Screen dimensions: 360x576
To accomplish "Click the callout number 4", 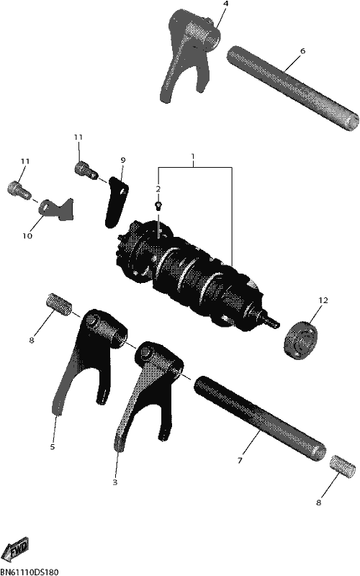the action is [225, 4].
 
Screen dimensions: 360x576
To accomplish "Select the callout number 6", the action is [302, 50].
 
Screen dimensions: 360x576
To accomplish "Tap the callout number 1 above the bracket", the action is [193, 157].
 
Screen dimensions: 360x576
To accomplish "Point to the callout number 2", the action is [158, 189].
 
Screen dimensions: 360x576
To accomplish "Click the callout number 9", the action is [123, 160].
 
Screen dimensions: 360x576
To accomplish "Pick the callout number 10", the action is [27, 236].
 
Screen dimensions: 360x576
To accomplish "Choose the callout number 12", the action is [323, 300].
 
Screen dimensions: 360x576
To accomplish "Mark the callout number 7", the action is [240, 460].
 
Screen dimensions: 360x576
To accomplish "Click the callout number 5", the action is [53, 446].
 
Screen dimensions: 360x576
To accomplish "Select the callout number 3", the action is [115, 482].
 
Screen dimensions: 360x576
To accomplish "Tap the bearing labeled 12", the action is [301, 340].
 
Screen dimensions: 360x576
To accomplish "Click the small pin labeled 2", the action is [158, 205].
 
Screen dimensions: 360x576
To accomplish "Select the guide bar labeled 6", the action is [293, 87].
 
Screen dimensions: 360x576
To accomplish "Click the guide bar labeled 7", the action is [260, 418].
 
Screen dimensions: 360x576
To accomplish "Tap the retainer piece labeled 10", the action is [57, 210].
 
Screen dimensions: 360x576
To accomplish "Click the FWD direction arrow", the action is [19, 549].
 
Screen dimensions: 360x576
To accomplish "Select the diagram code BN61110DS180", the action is [30, 572].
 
